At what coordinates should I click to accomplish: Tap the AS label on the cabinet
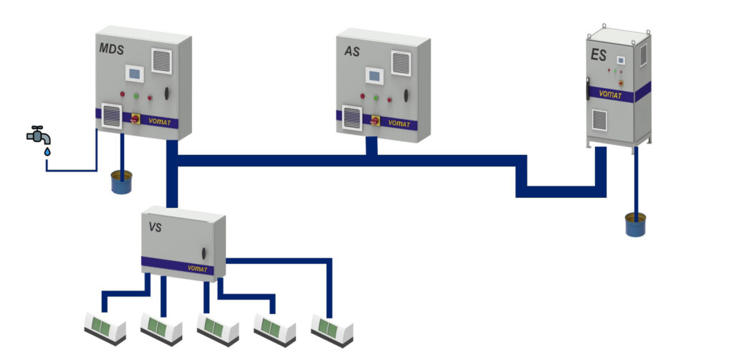coord(352,52)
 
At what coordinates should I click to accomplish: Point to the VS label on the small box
coord(155,227)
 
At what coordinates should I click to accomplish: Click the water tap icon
coord(39,137)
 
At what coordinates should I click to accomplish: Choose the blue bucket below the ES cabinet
coord(635,224)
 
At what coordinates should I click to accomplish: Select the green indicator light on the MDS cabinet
coord(136,95)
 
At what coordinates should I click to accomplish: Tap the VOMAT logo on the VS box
coord(197,269)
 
